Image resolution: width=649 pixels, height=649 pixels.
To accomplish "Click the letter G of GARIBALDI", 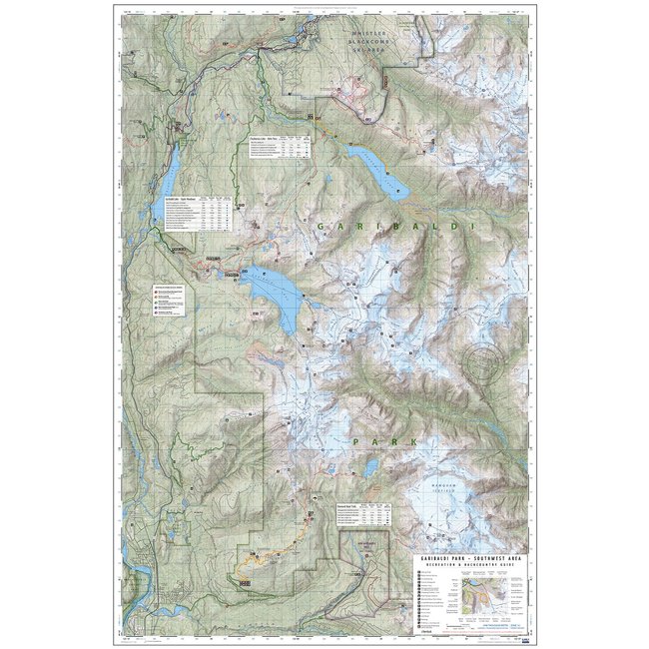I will pyautogui.click(x=323, y=229).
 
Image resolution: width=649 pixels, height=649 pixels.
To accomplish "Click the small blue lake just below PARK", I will pyautogui.click(x=370, y=467).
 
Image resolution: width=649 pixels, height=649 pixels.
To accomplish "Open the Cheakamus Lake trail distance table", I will pyautogui.click(x=277, y=147).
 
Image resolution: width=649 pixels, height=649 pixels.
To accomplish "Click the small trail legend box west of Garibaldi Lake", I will pyautogui.click(x=170, y=299).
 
